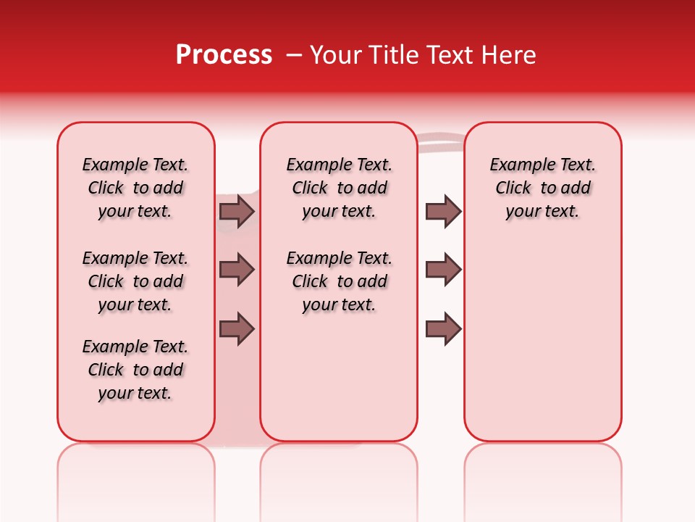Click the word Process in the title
(224, 55)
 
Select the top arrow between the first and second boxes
(237, 211)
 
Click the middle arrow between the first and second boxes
(237, 270)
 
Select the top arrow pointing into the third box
(443, 211)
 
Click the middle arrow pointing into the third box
(443, 270)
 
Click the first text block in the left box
(135, 188)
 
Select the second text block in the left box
(135, 281)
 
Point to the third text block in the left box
(135, 370)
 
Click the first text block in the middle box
(340, 188)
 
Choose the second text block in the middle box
(340, 281)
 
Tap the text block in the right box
(542, 188)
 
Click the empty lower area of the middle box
(339, 377)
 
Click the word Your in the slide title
(332, 55)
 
